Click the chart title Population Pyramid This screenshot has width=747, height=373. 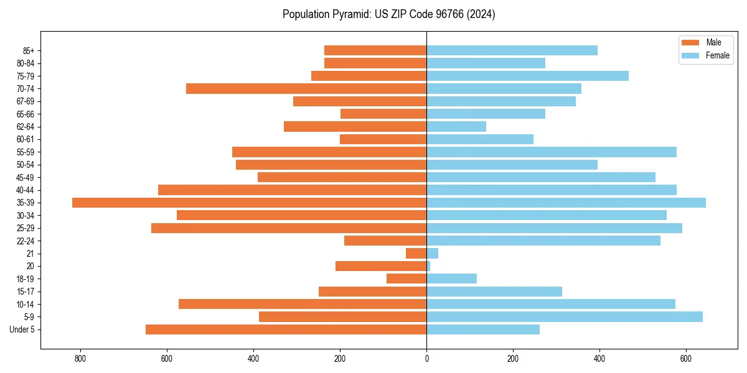[388, 14]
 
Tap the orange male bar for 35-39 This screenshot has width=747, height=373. [249, 203]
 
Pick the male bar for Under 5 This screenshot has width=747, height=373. [286, 329]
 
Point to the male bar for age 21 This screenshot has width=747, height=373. [416, 254]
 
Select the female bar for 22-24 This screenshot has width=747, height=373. [543, 241]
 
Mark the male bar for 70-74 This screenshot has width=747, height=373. [306, 89]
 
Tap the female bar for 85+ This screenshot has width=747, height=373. [512, 50]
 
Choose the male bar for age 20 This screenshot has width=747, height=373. [381, 266]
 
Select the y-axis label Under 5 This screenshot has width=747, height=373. [22, 329]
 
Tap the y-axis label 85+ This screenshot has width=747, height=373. [29, 50]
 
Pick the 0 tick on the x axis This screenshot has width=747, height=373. [426, 359]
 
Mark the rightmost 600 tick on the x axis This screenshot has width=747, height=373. [686, 359]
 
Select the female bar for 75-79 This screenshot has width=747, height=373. [527, 76]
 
